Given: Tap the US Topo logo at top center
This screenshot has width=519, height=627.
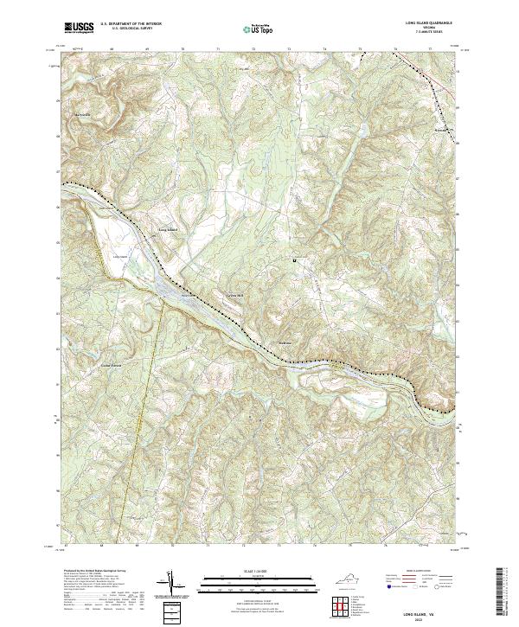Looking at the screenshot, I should click(259, 29).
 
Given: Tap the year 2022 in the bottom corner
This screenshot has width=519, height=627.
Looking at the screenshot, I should click(419, 620).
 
